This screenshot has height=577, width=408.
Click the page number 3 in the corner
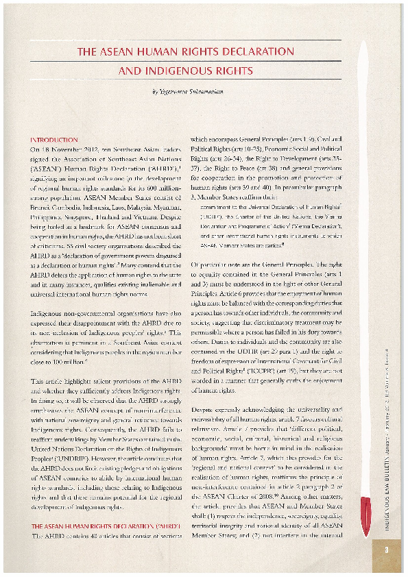click(386, 548)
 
